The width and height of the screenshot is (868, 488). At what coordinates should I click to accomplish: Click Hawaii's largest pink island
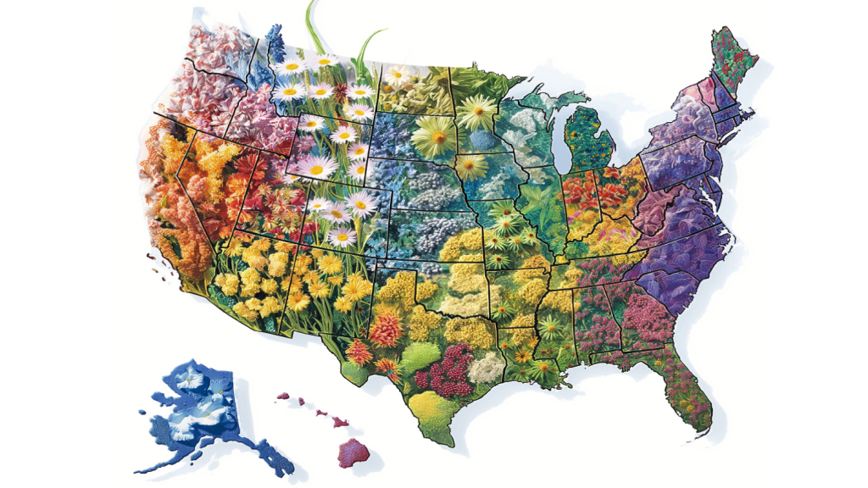pos(354,451)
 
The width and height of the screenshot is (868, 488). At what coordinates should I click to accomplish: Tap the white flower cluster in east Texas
pos(487,367)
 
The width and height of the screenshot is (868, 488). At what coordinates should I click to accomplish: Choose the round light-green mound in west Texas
pos(420,356)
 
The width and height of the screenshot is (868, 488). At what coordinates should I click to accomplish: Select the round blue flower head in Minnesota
pos(482,138)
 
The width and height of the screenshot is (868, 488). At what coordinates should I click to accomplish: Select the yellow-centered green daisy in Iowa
pos(471,166)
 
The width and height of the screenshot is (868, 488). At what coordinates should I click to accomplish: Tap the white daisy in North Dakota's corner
pos(398,75)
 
